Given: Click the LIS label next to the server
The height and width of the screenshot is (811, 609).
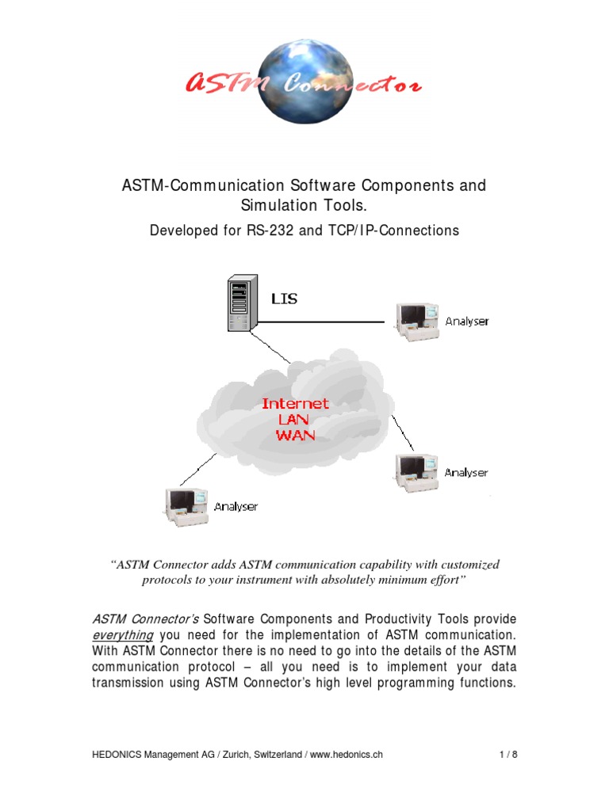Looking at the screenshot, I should (285, 299).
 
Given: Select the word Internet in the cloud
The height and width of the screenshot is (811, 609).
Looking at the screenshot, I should (295, 403).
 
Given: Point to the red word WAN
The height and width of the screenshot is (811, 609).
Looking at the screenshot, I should (295, 434).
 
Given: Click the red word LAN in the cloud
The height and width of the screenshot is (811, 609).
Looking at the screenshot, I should (295, 419).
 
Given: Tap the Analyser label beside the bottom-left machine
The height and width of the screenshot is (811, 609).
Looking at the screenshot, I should (236, 507).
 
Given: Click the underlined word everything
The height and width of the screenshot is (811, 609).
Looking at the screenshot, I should (122, 635).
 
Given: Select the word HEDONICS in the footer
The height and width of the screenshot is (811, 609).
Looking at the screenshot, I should (116, 755).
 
